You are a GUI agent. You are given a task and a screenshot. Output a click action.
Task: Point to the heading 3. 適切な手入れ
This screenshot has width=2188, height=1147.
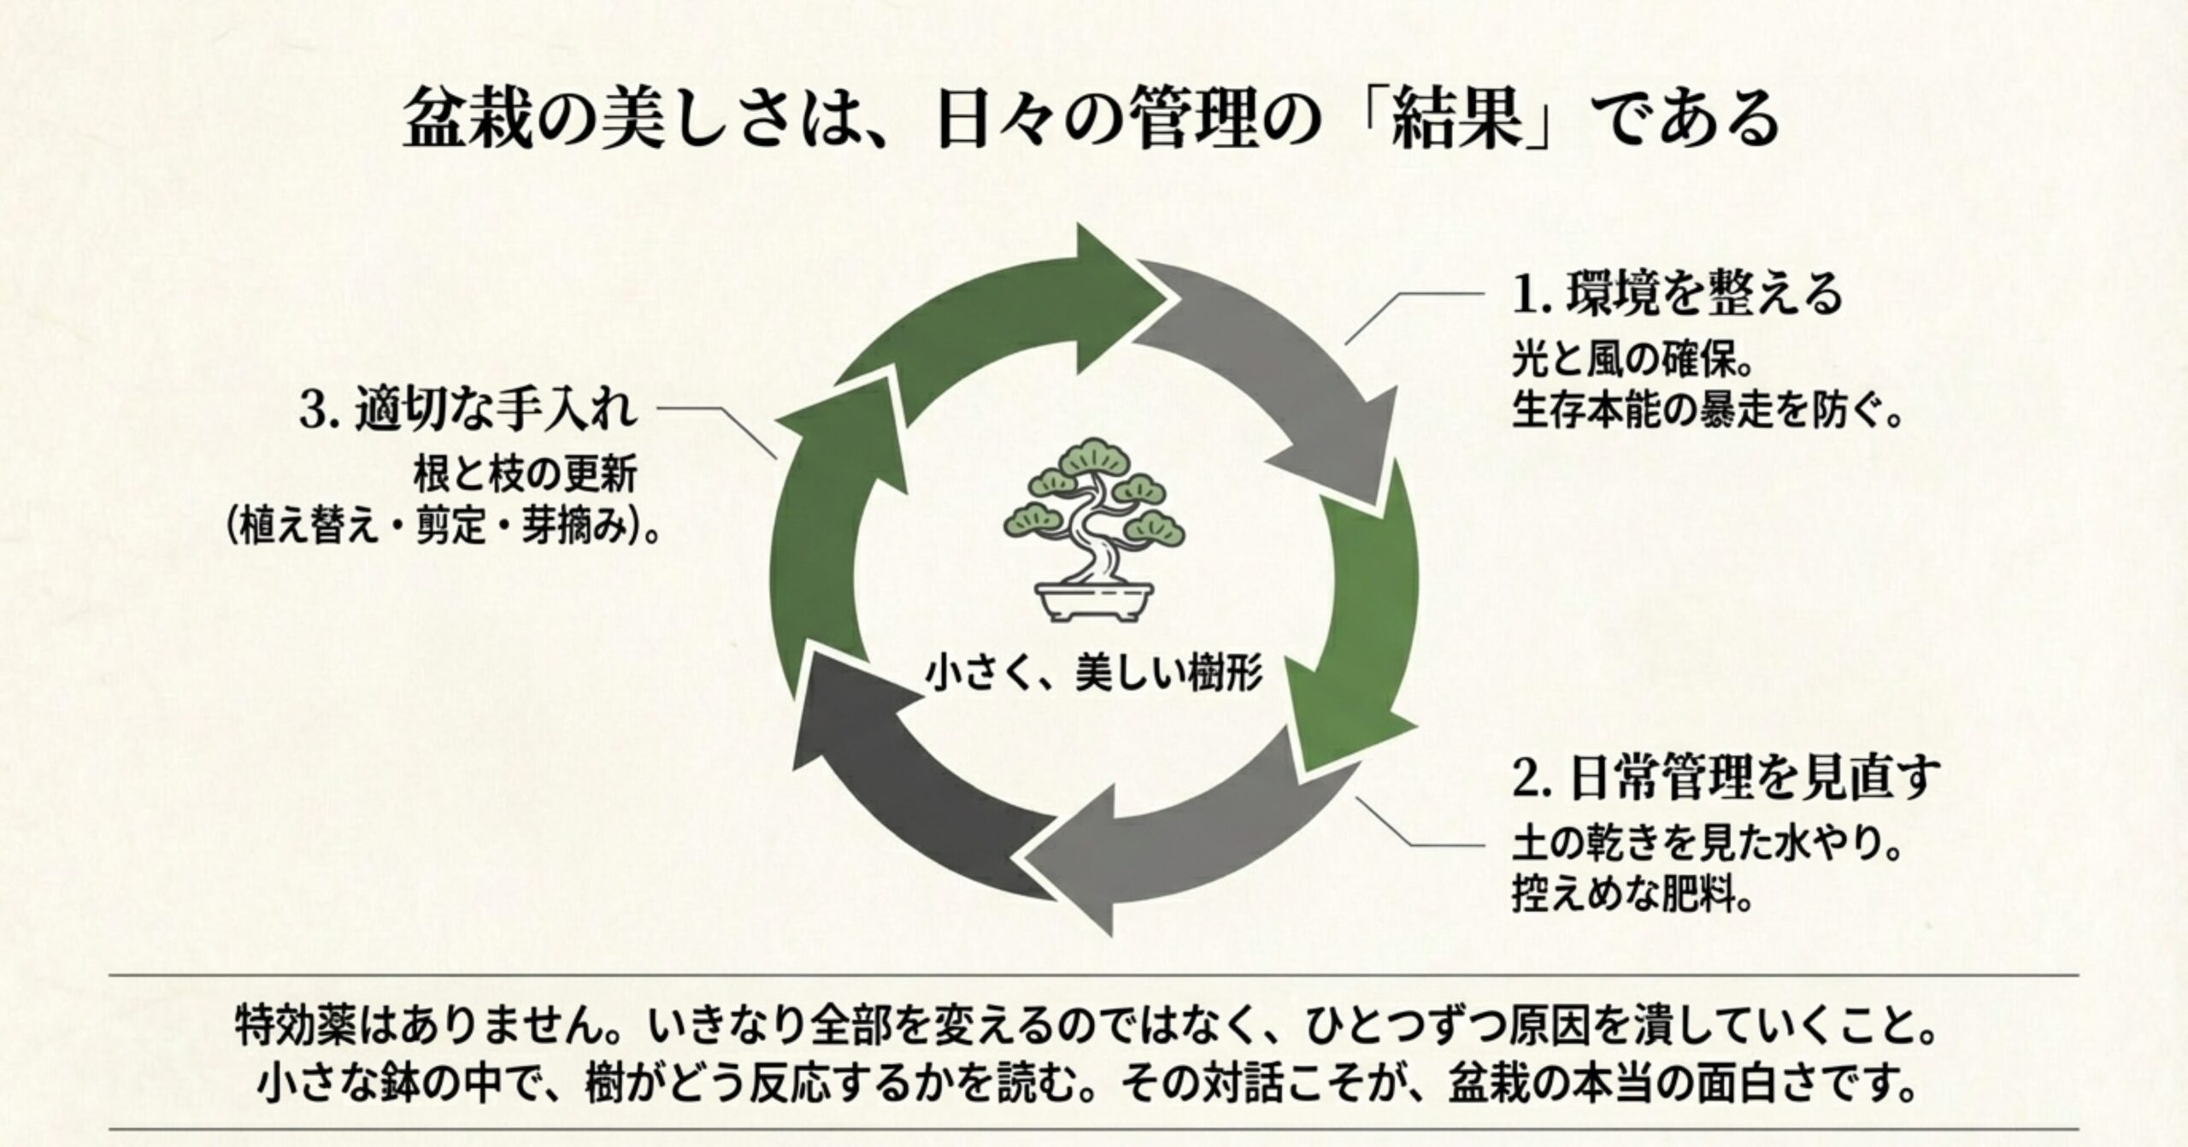point(469,410)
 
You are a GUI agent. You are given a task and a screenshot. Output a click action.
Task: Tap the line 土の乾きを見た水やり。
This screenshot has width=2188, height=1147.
point(1706,848)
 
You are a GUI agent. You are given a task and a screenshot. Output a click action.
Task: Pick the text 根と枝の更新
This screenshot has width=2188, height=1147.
point(525,477)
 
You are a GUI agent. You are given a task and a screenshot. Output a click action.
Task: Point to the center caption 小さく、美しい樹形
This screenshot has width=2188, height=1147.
point(1095,674)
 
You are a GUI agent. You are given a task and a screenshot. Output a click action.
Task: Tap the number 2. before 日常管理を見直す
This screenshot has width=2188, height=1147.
point(1526,779)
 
